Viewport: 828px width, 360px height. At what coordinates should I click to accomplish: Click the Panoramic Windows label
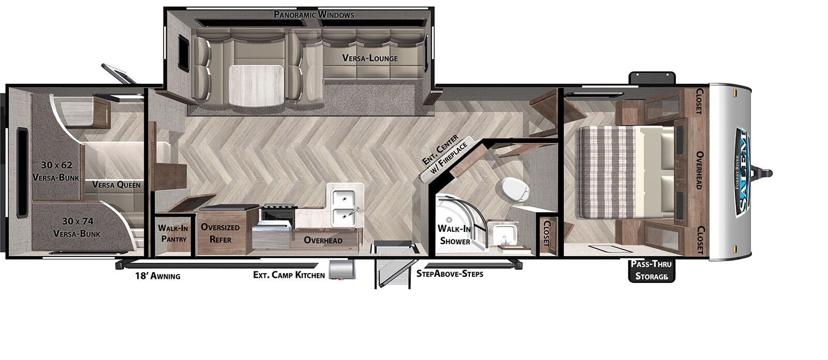[x=314, y=15]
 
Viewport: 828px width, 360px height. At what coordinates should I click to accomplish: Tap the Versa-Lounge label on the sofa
[x=370, y=58]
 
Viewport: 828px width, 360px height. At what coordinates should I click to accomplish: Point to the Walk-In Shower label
[x=454, y=235]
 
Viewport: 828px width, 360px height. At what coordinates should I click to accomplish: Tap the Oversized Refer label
[x=220, y=233]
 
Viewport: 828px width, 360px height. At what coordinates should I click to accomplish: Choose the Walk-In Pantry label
[x=173, y=233]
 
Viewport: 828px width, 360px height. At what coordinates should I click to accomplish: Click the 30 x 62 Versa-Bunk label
[x=56, y=171]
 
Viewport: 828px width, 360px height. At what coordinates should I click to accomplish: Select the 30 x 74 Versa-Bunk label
[x=77, y=227]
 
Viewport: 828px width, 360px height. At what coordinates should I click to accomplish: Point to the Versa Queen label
[x=116, y=185]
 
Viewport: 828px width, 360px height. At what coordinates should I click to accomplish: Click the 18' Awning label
[x=157, y=276]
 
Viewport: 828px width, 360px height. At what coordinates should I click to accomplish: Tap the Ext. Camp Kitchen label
[x=289, y=275]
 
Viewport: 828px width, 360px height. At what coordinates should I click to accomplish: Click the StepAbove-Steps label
[x=450, y=274]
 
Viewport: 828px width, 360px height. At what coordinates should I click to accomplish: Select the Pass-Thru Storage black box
[x=652, y=271]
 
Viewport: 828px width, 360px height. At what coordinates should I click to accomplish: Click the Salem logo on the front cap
[x=743, y=172]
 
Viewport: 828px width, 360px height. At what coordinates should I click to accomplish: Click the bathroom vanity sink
[x=503, y=233]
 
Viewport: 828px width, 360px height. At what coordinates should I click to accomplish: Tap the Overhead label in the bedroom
[x=699, y=170]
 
